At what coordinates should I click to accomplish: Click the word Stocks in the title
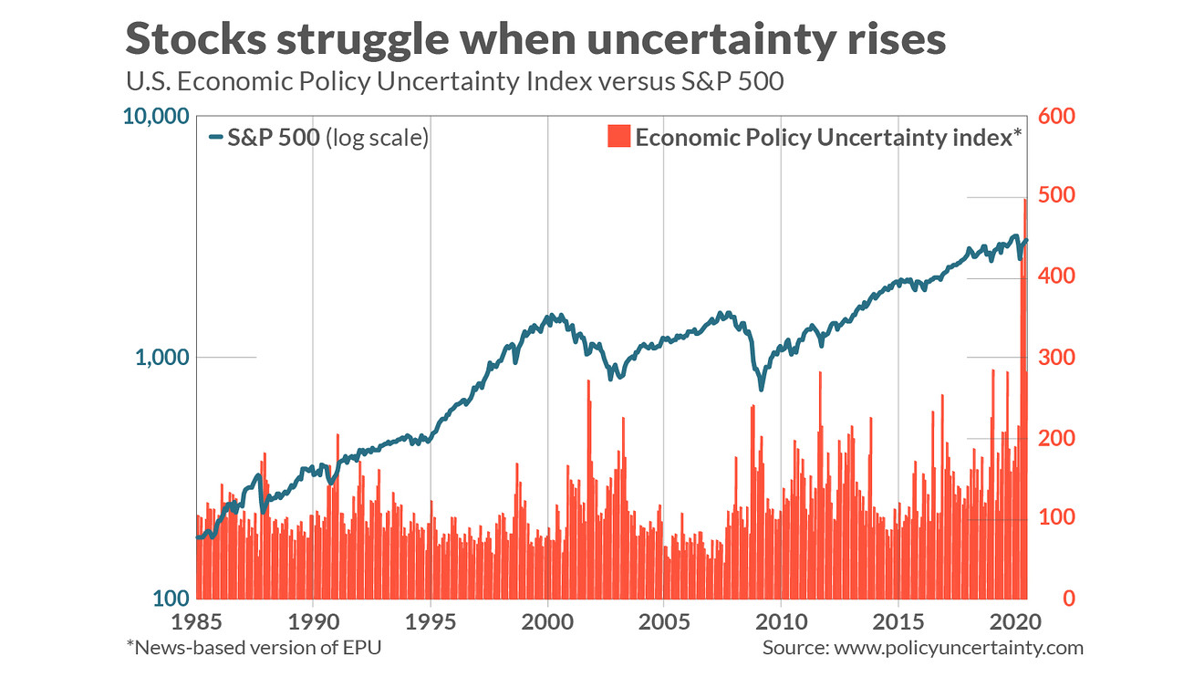click(x=196, y=38)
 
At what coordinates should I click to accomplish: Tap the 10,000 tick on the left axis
click(x=156, y=117)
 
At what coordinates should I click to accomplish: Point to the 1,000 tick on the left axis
click(x=162, y=357)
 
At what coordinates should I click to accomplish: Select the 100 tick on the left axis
click(x=171, y=598)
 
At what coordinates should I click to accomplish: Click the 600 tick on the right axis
click(x=1056, y=116)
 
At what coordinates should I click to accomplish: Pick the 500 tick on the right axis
click(x=1056, y=195)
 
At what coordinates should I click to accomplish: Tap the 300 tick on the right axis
click(x=1056, y=358)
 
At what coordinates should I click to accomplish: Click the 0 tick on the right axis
click(x=1069, y=598)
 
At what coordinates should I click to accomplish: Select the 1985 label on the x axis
click(x=196, y=622)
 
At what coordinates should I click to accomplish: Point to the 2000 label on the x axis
click(x=547, y=622)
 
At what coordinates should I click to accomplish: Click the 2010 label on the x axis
click(x=782, y=622)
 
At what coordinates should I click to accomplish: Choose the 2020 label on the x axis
click(x=1015, y=622)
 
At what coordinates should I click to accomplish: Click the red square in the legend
click(x=618, y=136)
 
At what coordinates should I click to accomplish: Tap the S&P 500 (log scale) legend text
click(x=327, y=138)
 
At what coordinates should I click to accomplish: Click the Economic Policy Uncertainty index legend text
click(x=828, y=138)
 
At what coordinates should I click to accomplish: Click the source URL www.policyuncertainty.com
click(x=959, y=648)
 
